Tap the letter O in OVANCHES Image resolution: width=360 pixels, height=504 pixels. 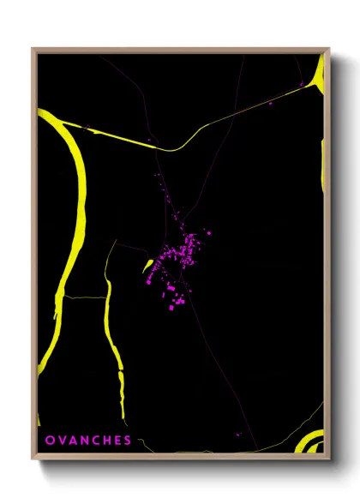pos(49,441)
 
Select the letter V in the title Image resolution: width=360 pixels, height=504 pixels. pos(60,441)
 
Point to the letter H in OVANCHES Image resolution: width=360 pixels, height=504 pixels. pos(105,441)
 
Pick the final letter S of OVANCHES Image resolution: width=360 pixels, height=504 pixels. pos(127,441)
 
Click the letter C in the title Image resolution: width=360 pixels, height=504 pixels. pos(93,441)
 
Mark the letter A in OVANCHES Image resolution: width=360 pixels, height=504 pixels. pos(71,441)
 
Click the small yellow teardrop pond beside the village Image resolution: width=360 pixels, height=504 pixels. pos(147,268)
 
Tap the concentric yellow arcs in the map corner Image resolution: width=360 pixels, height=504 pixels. pos(310,441)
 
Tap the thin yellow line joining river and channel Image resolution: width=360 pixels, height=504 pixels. pos(81,297)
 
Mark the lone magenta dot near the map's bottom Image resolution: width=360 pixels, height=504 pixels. pos(238,434)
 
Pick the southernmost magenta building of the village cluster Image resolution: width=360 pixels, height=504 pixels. pos(171,308)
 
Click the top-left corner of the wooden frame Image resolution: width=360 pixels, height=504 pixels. pos(33,49)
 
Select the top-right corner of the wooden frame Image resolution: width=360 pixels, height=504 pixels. pos(329,49)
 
